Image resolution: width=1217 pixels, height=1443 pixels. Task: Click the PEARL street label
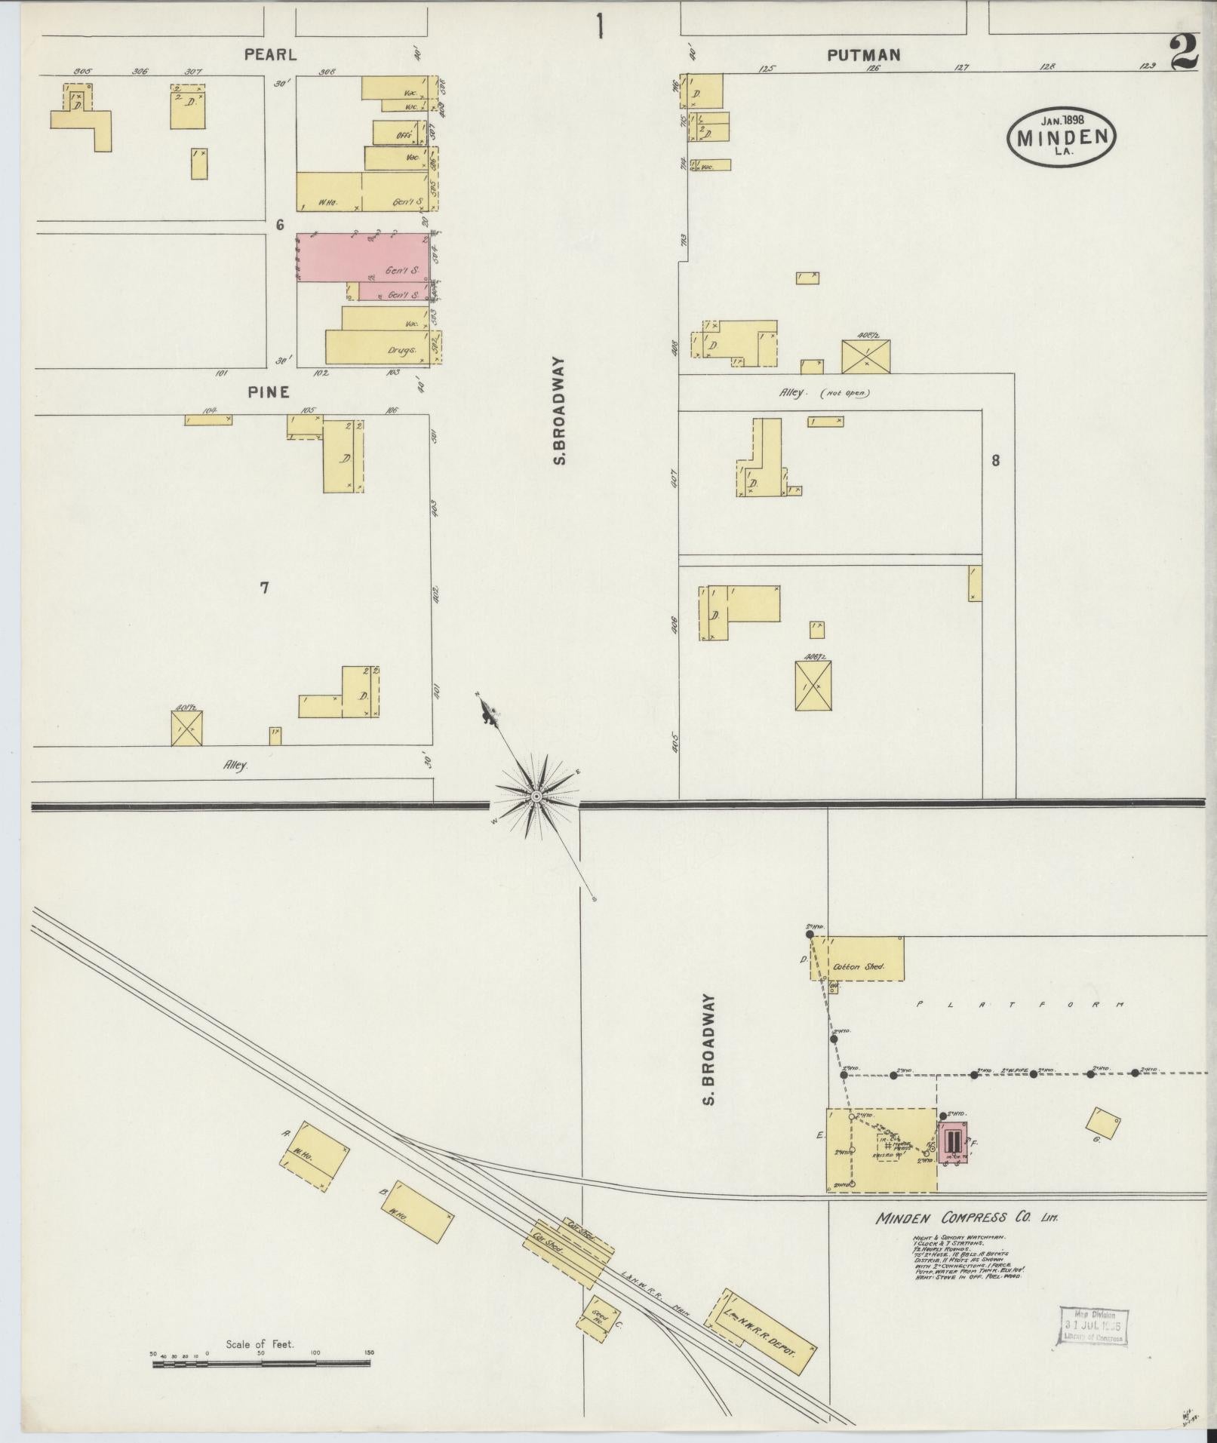(269, 54)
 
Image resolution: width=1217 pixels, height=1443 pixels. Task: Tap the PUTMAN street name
(864, 54)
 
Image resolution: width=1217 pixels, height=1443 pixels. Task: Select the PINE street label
(269, 391)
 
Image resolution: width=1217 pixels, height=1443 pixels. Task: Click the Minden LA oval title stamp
(1062, 136)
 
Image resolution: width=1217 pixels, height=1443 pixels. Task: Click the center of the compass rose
(536, 797)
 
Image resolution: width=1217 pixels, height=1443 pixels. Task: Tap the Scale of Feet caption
(260, 816)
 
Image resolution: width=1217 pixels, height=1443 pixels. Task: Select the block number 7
(264, 588)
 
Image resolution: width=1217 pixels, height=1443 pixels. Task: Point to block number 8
(995, 460)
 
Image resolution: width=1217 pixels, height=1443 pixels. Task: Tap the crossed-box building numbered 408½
(865, 356)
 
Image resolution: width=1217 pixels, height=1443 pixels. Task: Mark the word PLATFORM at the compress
(1019, 1005)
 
